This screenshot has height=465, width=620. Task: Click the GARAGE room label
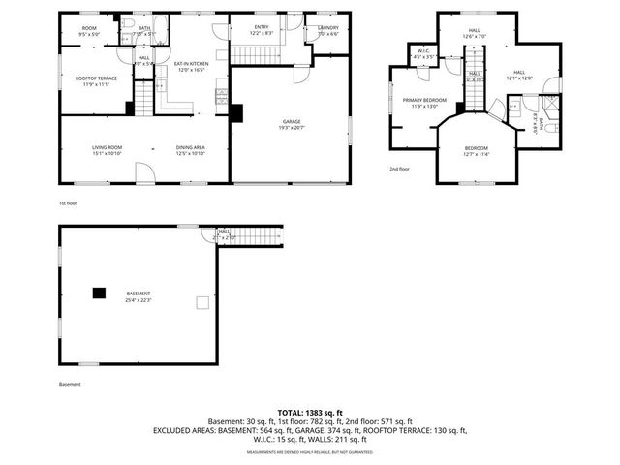pyautogui.click(x=291, y=122)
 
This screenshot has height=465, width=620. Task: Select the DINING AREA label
pyautogui.click(x=191, y=147)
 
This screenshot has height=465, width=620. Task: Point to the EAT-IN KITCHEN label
pyautogui.click(x=191, y=64)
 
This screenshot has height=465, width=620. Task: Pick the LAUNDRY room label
pyautogui.click(x=327, y=28)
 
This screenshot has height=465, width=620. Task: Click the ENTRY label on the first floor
pyautogui.click(x=262, y=27)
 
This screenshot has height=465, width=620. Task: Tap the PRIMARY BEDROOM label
pyautogui.click(x=423, y=100)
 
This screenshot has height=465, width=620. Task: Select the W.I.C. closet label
pyautogui.click(x=423, y=51)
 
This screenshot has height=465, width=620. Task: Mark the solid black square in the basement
pyautogui.click(x=99, y=292)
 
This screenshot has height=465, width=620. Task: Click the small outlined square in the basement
pyautogui.click(x=201, y=303)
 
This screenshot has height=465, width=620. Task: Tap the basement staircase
pyautogui.click(x=258, y=236)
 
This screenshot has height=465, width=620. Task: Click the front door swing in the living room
pyautogui.click(x=143, y=173)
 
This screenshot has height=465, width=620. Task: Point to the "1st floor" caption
pyautogui.click(x=67, y=203)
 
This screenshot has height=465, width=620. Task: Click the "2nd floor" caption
pyautogui.click(x=399, y=169)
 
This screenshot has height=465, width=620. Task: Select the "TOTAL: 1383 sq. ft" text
pyautogui.click(x=309, y=413)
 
